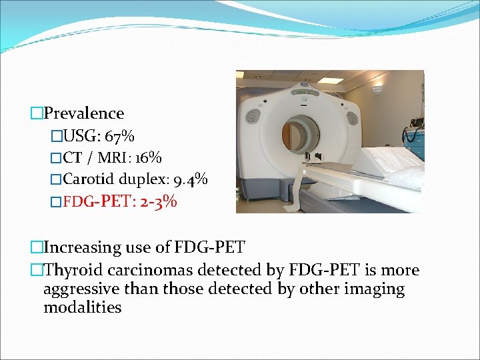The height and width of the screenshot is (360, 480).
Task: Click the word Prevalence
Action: point(83,113)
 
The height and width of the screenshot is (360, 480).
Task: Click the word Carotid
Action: point(89,179)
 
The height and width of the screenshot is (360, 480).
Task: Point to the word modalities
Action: point(82,307)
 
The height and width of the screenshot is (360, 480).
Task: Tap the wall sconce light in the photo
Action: point(377,89)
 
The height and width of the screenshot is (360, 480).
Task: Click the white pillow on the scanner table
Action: point(407,177)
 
